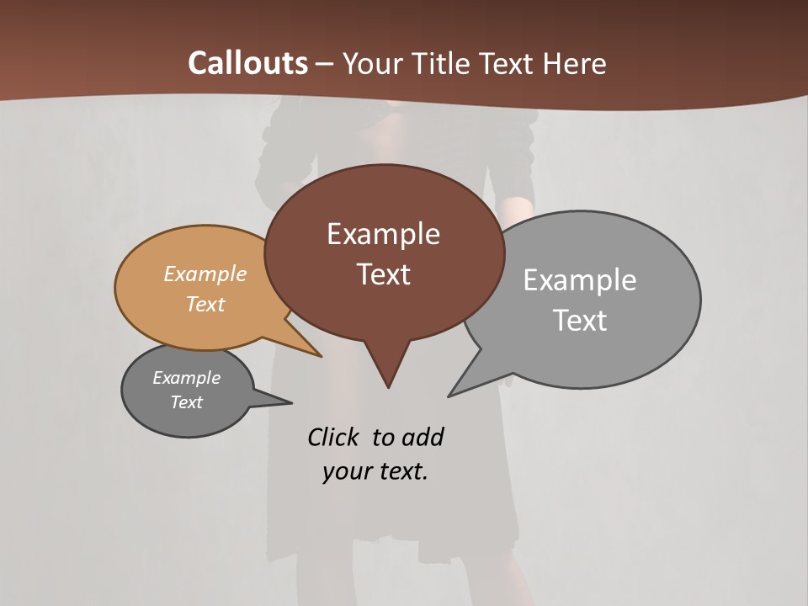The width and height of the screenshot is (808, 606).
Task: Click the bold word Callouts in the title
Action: click(248, 63)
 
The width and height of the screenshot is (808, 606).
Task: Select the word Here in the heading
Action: click(574, 63)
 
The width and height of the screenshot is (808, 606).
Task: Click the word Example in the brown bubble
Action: click(383, 234)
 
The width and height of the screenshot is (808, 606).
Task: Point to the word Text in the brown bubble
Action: click(383, 274)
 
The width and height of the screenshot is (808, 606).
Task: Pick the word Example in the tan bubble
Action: click(205, 274)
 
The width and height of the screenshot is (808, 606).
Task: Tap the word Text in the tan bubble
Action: click(205, 304)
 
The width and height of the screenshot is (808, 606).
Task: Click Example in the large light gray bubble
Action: click(580, 280)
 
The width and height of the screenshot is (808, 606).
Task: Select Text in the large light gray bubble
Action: click(580, 321)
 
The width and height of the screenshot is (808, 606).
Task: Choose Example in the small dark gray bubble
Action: click(187, 378)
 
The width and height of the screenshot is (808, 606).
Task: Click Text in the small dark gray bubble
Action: click(187, 402)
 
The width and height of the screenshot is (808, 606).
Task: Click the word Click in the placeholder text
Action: click(333, 438)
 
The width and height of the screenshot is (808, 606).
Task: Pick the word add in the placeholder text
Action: click(423, 438)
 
